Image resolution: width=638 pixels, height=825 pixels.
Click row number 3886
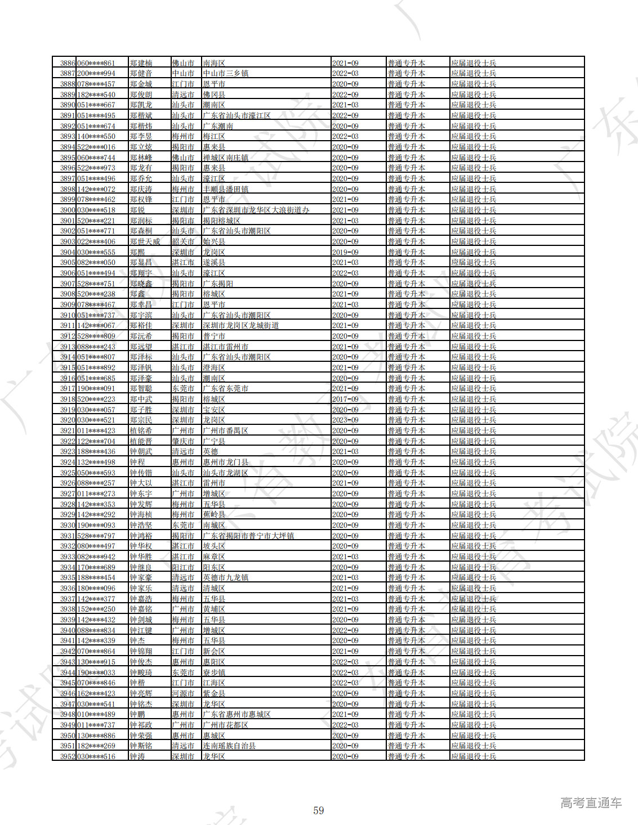pyautogui.click(x=68, y=63)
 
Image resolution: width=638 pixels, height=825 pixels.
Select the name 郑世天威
pyautogui.click(x=145, y=241)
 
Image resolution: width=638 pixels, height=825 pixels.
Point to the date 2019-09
pyautogui.click(x=345, y=252)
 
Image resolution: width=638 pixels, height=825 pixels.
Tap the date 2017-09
pyautogui.click(x=345, y=399)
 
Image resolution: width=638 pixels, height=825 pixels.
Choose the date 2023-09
pyautogui.click(x=345, y=420)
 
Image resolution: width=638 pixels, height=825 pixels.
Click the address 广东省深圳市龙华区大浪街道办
pyautogui.click(x=256, y=210)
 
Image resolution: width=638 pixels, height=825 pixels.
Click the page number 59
pyautogui.click(x=319, y=810)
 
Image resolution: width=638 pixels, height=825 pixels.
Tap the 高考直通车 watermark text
pyautogui.click(x=591, y=802)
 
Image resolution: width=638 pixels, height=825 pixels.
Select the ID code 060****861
pyautogui.click(x=96, y=63)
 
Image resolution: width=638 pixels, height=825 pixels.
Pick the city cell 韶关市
pyautogui.click(x=183, y=241)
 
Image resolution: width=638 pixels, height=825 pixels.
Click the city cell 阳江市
pyautogui.click(x=183, y=567)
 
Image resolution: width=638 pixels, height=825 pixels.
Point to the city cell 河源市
pyautogui.click(x=183, y=693)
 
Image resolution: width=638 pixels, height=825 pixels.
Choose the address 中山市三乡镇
pyautogui.click(x=225, y=73)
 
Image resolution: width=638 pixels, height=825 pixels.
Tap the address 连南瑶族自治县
pyautogui.click(x=229, y=746)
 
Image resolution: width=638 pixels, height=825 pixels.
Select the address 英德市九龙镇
pyautogui.click(x=225, y=577)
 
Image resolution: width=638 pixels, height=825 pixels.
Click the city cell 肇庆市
pyautogui.click(x=183, y=441)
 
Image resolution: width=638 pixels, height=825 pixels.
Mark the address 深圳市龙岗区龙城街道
pyautogui.click(x=240, y=325)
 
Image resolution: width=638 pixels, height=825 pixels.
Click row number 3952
pyautogui.click(x=68, y=756)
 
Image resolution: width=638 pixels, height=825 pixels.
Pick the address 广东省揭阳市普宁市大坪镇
pyautogui.click(x=248, y=536)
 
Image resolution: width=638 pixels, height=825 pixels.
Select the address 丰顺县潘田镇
pyautogui.click(x=225, y=189)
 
